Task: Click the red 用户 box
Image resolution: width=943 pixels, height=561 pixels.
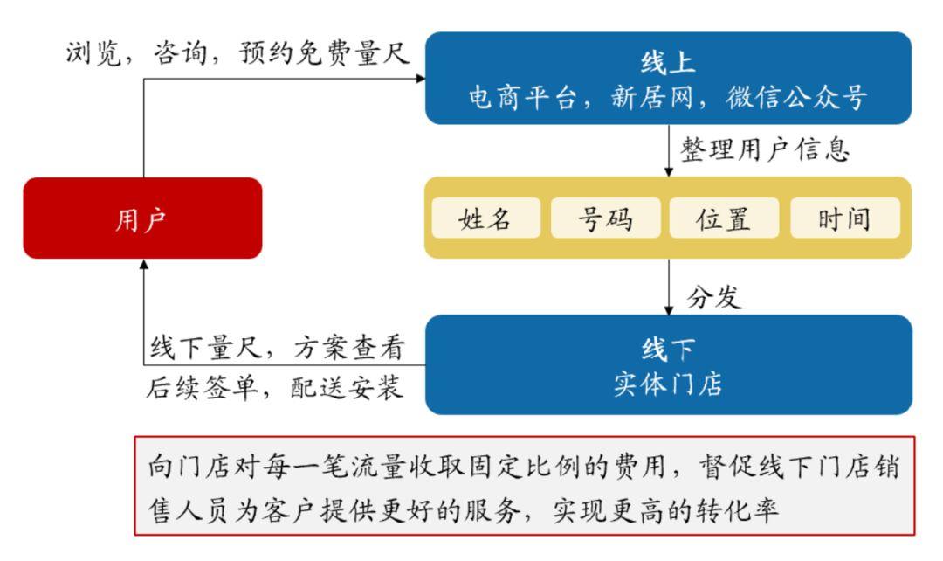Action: pos(142,218)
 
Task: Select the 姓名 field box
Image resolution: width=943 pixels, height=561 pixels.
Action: pos(486,218)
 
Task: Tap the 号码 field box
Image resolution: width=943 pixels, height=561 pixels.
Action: pos(606,218)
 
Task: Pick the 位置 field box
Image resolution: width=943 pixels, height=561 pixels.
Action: pos(724,218)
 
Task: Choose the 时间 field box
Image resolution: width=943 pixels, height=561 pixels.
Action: pos(845,218)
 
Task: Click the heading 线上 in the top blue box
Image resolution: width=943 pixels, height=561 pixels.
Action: pos(668,62)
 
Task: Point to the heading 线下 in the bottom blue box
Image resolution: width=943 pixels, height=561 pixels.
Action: pos(668,349)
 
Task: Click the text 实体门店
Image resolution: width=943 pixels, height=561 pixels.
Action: pos(668,384)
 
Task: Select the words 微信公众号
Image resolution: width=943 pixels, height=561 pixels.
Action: pos(796,97)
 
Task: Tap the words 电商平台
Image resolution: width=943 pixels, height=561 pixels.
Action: pos(523,97)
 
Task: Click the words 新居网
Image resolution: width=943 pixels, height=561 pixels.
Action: pos(652,97)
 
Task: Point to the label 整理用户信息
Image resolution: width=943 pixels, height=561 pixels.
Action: pos(765,149)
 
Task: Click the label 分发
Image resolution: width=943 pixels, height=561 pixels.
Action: pos(714,297)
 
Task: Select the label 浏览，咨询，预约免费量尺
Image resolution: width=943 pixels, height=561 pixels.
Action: pos(237,53)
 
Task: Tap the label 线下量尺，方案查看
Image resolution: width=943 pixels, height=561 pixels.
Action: pos(278,348)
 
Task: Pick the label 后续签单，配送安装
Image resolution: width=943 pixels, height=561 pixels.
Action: pos(274,387)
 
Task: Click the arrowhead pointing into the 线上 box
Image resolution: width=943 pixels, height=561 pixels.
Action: pos(420,79)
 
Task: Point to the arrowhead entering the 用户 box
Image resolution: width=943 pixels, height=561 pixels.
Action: pos(144,265)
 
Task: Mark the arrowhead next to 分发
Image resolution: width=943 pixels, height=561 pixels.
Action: pos(668,310)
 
